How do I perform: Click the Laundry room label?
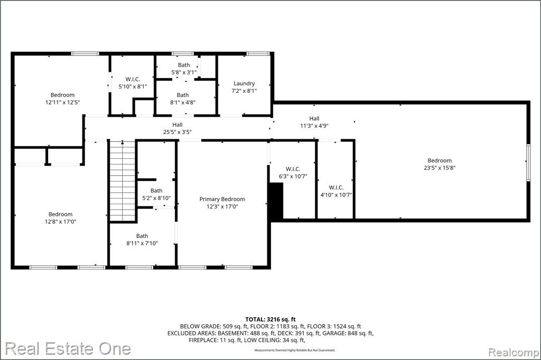[244, 83]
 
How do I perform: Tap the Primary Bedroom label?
[222, 200]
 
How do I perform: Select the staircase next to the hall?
[122, 181]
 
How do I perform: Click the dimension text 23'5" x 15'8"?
[440, 168]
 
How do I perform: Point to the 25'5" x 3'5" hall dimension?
[178, 132]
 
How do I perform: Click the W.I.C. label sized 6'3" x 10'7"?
[293, 169]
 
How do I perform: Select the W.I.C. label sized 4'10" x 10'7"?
[336, 187]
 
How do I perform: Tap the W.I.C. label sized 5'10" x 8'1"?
[133, 79]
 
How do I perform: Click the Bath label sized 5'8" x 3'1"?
[184, 65]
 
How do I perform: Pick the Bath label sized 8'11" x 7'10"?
[142, 236]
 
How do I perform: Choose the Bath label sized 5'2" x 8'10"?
[156, 191]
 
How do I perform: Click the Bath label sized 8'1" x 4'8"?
[183, 95]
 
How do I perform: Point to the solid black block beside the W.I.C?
[276, 201]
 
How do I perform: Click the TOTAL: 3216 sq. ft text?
[270, 319]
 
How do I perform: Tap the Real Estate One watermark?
[68, 348]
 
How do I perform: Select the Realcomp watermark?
[514, 353]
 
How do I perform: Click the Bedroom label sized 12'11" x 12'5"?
[62, 95]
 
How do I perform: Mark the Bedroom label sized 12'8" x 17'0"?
[60, 214]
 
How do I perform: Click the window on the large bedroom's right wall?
[528, 162]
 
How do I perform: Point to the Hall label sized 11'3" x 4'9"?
[314, 118]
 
